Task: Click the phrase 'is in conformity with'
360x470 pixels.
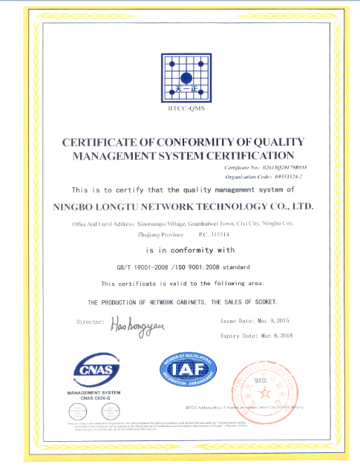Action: click(x=180, y=250)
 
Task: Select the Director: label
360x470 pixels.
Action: click(x=91, y=322)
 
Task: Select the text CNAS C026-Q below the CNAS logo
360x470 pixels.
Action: click(x=94, y=399)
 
